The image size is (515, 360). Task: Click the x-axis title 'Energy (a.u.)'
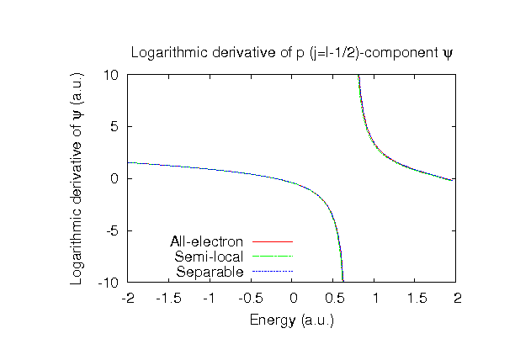tap(292, 320)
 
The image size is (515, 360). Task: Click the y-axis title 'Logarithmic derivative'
tap(77, 178)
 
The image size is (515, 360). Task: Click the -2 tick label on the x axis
tap(128, 298)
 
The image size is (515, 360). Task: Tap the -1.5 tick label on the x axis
tap(168, 298)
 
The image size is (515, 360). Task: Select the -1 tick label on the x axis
tap(210, 298)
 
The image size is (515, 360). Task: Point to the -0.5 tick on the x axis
tap(251, 298)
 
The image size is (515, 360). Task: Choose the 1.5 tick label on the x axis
tap(415, 298)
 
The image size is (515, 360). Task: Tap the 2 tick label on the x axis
tap(456, 298)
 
